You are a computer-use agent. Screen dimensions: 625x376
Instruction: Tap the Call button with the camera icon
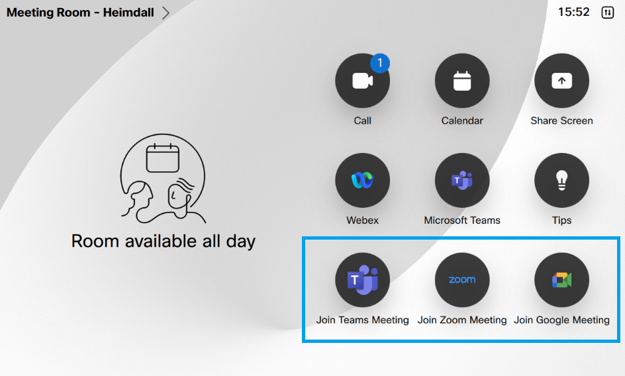point(362,81)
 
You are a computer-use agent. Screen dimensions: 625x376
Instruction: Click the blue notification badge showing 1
point(380,63)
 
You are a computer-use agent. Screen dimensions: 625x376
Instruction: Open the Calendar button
point(462,81)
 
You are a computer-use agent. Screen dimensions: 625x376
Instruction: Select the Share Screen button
point(561,81)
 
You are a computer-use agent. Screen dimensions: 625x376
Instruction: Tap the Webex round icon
point(362,180)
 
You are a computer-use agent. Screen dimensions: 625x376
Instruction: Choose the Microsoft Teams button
point(462,180)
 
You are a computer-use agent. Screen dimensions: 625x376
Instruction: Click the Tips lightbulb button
point(561,180)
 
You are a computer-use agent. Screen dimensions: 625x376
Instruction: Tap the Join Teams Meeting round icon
point(362,280)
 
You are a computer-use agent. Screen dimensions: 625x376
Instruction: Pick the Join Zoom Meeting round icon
point(462,280)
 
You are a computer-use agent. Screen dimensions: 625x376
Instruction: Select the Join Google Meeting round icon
point(561,280)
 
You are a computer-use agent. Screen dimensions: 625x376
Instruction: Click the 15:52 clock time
point(573,12)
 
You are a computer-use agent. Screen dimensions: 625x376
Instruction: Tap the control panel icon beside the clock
point(608,13)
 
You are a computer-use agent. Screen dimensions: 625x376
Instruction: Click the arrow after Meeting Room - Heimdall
point(166,13)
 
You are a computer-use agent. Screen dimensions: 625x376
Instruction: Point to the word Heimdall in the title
point(128,13)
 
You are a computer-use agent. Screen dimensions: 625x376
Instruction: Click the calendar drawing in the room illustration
point(163,158)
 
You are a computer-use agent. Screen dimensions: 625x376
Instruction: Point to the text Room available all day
point(164,241)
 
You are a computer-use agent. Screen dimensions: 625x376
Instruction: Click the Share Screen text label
point(561,120)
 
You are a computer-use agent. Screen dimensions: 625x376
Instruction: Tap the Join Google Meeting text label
point(561,320)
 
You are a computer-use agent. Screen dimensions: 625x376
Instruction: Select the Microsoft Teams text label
point(462,220)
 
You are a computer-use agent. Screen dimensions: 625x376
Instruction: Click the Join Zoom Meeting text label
point(462,320)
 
